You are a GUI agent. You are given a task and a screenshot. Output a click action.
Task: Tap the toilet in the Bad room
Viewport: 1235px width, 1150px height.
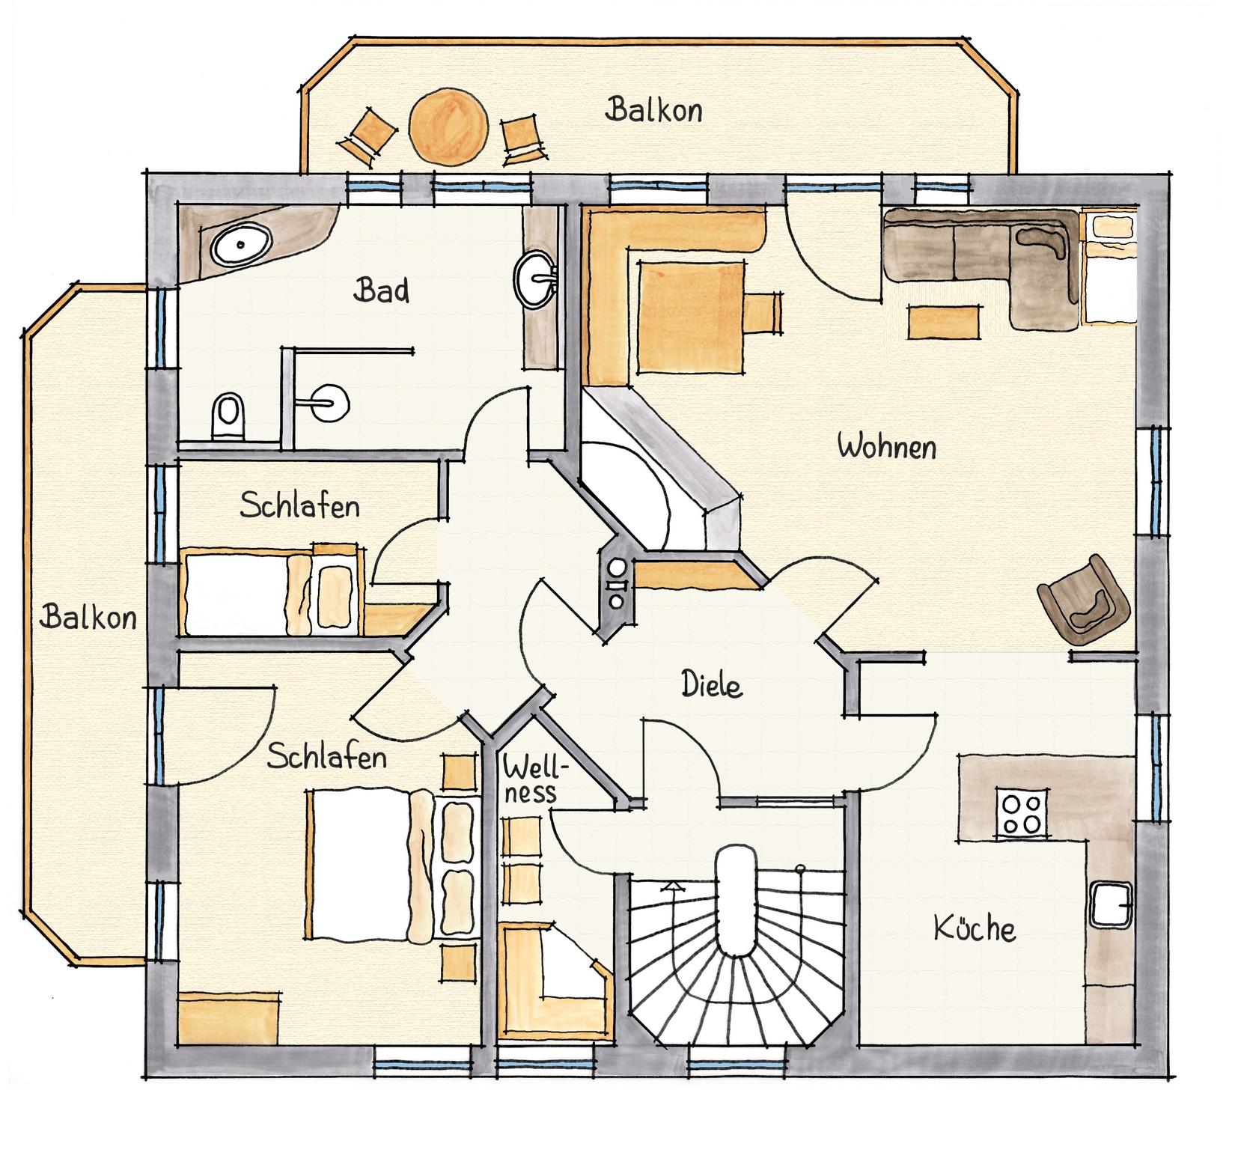pyautogui.click(x=229, y=416)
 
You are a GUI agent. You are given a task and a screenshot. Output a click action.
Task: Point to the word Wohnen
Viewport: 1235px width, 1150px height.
pyautogui.click(x=887, y=447)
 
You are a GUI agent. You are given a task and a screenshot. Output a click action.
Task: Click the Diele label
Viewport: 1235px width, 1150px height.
pyautogui.click(x=711, y=684)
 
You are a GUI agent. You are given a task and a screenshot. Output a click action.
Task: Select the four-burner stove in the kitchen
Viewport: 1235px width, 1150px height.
pyautogui.click(x=1022, y=812)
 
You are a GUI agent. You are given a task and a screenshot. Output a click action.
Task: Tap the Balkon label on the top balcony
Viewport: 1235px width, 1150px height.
pyautogui.click(x=653, y=110)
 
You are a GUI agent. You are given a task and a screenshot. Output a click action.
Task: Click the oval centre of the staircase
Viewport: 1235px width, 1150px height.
pyautogui.click(x=736, y=901)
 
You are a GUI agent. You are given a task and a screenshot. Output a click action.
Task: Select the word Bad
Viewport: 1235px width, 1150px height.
pyautogui.click(x=382, y=290)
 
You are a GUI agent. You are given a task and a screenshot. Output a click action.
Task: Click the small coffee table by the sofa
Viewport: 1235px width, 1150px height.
pyautogui.click(x=945, y=321)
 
